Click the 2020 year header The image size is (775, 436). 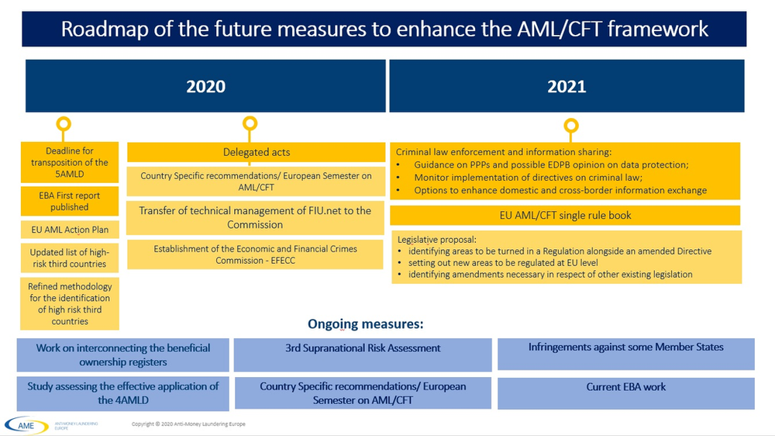click(x=205, y=86)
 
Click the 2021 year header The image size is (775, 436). click(x=567, y=86)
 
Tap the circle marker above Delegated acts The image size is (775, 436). click(x=250, y=123)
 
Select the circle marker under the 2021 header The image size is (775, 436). click(x=571, y=126)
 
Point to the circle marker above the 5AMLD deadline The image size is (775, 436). click(x=64, y=123)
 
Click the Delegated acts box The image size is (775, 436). click(x=256, y=153)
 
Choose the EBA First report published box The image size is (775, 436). click(x=71, y=201)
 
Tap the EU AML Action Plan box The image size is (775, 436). click(x=71, y=230)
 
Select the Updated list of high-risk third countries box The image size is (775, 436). click(x=71, y=258)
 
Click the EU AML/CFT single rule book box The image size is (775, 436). click(x=565, y=215)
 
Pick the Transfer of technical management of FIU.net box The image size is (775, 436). click(x=256, y=217)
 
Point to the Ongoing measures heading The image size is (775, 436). click(x=366, y=324)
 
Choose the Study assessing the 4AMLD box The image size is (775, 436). click(x=123, y=393)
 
